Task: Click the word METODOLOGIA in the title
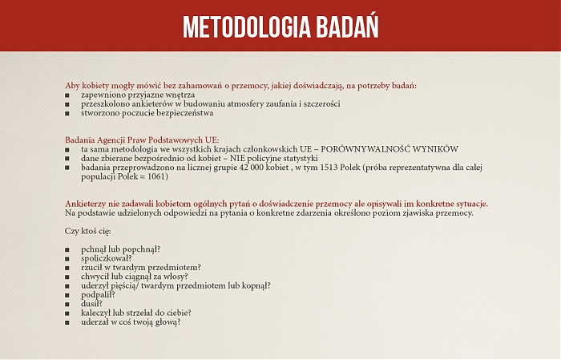click(x=240, y=26)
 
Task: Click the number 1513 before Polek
click(x=329, y=167)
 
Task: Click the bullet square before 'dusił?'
click(x=68, y=304)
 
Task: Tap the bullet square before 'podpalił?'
click(x=68, y=295)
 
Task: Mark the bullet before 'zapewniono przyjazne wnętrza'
click(x=68, y=95)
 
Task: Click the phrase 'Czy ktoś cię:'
click(x=87, y=231)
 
